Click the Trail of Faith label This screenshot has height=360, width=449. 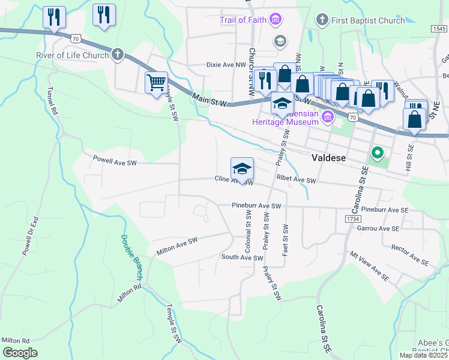click(x=243, y=20)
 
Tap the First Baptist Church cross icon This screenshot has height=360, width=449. click(x=322, y=20)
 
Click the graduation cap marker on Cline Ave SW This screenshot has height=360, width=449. click(x=242, y=168)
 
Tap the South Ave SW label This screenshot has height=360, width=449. click(x=243, y=257)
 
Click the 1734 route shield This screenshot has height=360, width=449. click(x=352, y=220)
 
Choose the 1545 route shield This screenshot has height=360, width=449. click(x=439, y=28)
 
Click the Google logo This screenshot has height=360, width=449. click(x=20, y=352)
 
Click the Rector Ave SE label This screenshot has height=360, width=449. click(x=410, y=255)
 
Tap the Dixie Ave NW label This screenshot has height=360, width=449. click(x=209, y=64)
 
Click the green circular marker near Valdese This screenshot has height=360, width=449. click(x=377, y=154)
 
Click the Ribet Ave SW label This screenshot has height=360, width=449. click(x=296, y=180)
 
